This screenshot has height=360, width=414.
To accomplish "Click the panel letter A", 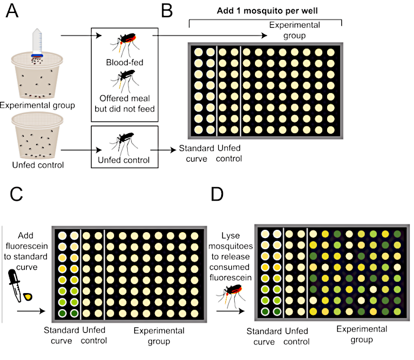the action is coord(12,11).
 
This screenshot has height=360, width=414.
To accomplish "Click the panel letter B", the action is coord(167,11).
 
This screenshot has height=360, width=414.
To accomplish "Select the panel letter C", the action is coord(16,194).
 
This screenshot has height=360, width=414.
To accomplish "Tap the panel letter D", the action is coord(217,194).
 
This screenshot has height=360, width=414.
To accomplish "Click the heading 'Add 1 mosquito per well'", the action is coord(267,11).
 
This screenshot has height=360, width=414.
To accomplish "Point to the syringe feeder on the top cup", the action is coord(37,43).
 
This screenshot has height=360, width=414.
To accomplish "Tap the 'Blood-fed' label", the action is coord(125,62).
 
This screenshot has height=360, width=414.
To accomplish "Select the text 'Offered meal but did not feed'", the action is coord(125,104).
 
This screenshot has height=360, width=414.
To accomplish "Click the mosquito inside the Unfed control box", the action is coord(124,143).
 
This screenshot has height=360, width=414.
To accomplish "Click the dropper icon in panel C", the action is coord(15,285).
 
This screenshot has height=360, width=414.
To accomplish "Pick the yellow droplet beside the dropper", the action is coord(28,297).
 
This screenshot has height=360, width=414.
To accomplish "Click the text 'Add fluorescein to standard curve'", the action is coord(26,251).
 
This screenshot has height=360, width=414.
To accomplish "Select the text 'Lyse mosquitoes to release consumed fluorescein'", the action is coord(231,256).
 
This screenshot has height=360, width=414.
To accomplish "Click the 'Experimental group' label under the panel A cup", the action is coord(37,105).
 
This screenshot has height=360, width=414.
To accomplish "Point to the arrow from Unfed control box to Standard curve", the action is coord(163,150).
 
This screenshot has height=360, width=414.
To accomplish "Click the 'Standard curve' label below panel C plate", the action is coord(62,335).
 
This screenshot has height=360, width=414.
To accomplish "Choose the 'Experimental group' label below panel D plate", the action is coord(362,334).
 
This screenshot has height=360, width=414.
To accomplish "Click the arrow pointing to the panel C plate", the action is coord(31,311).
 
